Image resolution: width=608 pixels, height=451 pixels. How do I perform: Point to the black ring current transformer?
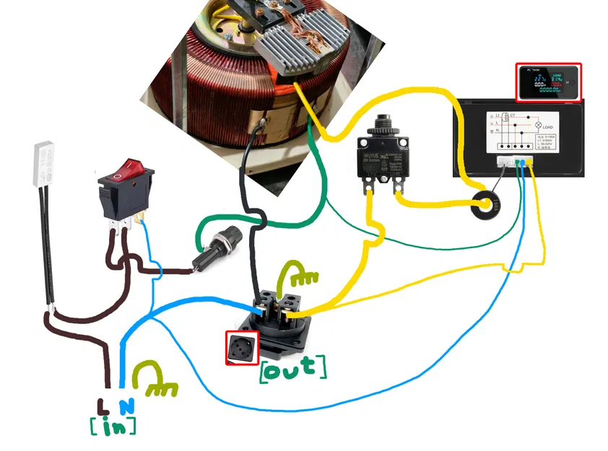click(487, 204)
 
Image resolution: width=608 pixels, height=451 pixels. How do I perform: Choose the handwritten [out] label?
click(292, 367)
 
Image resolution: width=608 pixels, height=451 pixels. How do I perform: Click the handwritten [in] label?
click(113, 426)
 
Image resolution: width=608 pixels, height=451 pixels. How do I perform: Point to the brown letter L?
click(103, 406)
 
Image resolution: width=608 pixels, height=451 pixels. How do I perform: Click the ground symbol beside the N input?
click(158, 380)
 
